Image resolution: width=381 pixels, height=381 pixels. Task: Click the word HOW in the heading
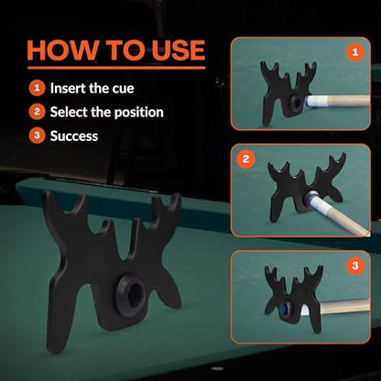63,50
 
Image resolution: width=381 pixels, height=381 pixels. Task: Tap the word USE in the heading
179,50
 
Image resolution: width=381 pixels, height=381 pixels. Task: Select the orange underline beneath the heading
116,68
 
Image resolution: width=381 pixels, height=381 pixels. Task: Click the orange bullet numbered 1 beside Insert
37,88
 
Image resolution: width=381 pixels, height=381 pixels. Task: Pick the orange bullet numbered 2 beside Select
37,112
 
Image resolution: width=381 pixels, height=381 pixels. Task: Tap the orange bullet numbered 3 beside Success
37,136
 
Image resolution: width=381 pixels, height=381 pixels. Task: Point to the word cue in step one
123,90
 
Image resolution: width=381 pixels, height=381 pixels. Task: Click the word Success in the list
74,136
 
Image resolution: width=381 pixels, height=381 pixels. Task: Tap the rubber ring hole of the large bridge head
131,292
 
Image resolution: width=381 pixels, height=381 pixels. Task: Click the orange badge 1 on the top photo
354,52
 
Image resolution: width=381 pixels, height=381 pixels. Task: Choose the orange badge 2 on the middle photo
245,159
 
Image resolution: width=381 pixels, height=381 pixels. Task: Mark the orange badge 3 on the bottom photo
355,266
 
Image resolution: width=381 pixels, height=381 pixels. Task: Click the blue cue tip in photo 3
288,307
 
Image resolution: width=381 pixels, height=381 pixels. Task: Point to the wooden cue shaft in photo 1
349,101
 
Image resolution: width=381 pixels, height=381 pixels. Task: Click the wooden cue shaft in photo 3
345,306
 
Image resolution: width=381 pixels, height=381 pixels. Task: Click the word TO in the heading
125,50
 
